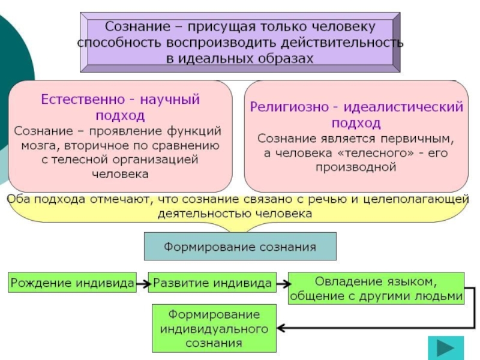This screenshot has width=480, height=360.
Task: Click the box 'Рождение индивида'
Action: (71, 282)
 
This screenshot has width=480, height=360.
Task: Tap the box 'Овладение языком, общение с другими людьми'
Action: (376, 289)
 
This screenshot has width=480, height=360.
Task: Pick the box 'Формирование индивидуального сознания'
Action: (214, 329)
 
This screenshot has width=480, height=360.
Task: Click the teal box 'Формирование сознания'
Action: (240, 247)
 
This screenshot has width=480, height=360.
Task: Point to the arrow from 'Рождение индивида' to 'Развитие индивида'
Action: (142, 282)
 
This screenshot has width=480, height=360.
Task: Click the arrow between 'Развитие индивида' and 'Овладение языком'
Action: (281, 282)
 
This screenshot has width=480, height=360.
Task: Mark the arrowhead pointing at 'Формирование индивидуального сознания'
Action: (281, 328)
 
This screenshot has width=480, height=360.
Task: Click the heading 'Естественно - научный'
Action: (120, 99)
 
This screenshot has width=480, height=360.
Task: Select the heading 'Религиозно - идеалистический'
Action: (356, 107)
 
